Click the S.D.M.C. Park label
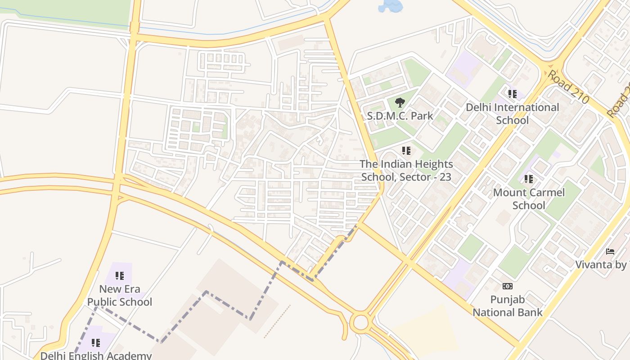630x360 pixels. pyautogui.click(x=400, y=116)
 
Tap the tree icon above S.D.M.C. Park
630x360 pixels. pyautogui.click(x=399, y=102)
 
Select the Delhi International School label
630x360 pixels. pyautogui.click(x=512, y=114)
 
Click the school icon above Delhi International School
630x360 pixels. pyautogui.click(x=512, y=94)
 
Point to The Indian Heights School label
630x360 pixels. pyautogui.click(x=406, y=171)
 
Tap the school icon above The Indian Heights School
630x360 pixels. pyautogui.click(x=406, y=151)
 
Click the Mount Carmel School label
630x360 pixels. pyautogui.click(x=529, y=199)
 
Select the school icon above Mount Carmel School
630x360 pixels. pyautogui.click(x=529, y=179)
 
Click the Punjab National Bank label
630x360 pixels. pyautogui.click(x=507, y=306)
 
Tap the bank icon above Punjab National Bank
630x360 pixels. pyautogui.click(x=507, y=286)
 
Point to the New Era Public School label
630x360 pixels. pyautogui.click(x=120, y=295)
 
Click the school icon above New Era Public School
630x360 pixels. pyautogui.click(x=119, y=275)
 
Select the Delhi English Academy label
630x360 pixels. pyautogui.click(x=96, y=355)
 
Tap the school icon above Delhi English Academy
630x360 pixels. pyautogui.click(x=95, y=343)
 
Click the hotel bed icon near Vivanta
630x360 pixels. pyautogui.click(x=610, y=251)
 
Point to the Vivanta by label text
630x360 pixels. pyautogui.click(x=602, y=264)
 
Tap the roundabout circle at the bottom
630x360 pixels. pyautogui.click(x=360, y=323)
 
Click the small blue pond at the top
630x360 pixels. pyautogui.click(x=391, y=6)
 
